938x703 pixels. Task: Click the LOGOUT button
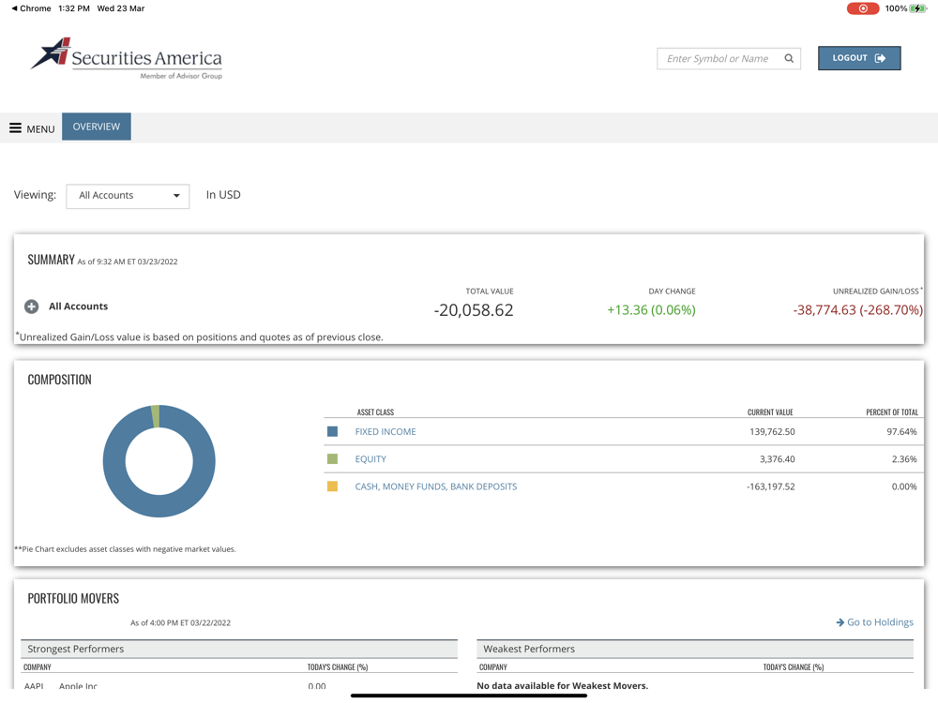858,58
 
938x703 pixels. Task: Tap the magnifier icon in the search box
789,58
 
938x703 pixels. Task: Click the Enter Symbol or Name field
718,58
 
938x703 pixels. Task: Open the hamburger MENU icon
16,127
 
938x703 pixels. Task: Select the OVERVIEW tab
97,127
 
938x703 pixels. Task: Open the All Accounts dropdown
128,196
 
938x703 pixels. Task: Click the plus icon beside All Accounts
32,307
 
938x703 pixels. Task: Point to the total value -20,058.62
474,310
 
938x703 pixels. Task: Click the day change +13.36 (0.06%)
651,310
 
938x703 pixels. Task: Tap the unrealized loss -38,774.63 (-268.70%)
857,310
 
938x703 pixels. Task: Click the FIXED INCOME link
386,432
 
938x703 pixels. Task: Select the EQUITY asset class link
371,459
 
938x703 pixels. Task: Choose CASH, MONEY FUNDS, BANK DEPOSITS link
435,486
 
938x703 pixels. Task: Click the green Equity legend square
332,459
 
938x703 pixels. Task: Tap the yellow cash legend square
332,486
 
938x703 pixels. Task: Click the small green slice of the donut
156,416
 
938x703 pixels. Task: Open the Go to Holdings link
874,622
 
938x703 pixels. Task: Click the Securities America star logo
53,53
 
